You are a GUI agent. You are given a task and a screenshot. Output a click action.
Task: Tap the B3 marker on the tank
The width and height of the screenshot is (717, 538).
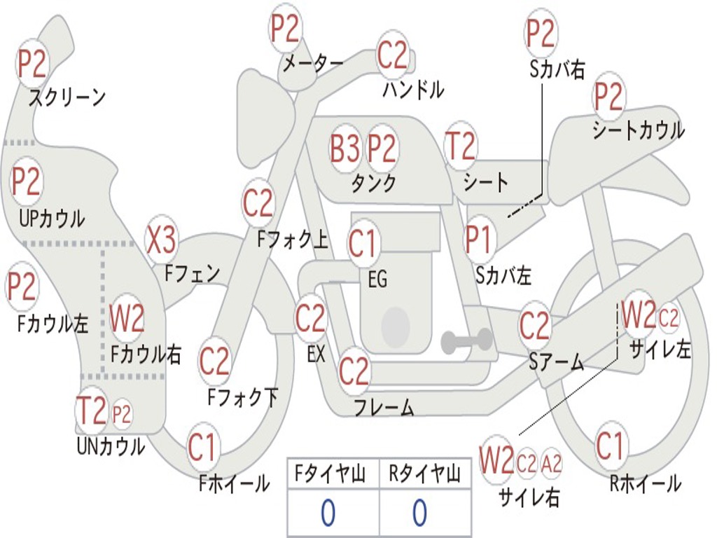(x=344, y=149)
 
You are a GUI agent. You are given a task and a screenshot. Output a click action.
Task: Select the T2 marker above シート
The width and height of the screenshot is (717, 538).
(x=461, y=146)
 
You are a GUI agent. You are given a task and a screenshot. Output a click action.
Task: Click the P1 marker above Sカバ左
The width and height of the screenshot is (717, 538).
(x=479, y=240)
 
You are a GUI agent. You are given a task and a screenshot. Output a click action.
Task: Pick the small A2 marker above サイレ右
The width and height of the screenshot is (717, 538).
(x=551, y=464)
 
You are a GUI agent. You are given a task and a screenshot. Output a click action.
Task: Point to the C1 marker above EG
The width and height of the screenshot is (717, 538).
(x=362, y=243)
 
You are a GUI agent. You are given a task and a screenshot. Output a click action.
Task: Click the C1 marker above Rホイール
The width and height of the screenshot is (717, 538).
(x=610, y=446)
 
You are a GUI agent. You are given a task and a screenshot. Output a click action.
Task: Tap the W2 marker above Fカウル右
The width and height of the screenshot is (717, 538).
(x=127, y=318)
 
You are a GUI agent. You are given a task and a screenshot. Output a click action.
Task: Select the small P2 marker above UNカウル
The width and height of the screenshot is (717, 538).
(x=122, y=415)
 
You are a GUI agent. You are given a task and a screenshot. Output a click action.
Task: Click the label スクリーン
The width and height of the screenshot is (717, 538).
(x=67, y=97)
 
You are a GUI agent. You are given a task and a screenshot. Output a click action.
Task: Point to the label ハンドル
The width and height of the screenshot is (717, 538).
(x=413, y=89)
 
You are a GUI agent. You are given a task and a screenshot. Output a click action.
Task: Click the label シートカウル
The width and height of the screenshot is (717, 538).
(x=639, y=130)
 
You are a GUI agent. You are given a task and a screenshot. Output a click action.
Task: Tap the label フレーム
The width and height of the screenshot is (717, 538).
(x=384, y=407)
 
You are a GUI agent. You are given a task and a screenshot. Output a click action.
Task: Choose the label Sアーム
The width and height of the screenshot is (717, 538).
(x=557, y=362)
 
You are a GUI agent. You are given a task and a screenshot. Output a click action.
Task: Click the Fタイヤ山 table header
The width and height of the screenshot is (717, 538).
(x=330, y=474)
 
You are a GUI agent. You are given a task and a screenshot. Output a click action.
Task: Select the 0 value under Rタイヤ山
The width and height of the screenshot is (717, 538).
(x=420, y=512)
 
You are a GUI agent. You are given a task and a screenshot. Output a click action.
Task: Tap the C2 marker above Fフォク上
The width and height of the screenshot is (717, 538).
(x=258, y=203)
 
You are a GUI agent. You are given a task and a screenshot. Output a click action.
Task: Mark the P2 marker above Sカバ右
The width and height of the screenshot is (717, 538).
(x=541, y=34)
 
